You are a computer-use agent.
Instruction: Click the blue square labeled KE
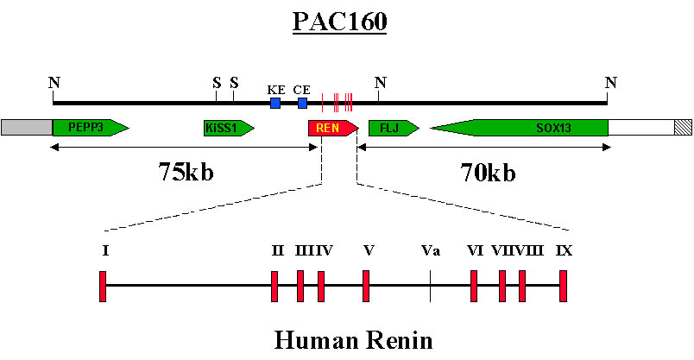point(275,104)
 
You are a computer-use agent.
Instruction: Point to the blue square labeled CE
point(302,104)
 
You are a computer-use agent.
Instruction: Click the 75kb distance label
point(186,172)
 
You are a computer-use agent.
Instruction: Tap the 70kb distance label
point(488,174)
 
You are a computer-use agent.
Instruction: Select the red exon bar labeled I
point(103,286)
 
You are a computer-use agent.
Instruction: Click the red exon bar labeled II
point(274,286)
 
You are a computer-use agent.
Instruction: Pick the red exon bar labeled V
point(367,286)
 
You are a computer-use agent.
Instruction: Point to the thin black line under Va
point(431,286)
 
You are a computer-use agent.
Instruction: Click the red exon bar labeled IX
point(563,286)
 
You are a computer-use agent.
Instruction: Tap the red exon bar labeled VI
point(474,286)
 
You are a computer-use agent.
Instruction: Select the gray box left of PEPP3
point(27,128)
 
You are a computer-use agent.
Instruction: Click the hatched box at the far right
point(683,128)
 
